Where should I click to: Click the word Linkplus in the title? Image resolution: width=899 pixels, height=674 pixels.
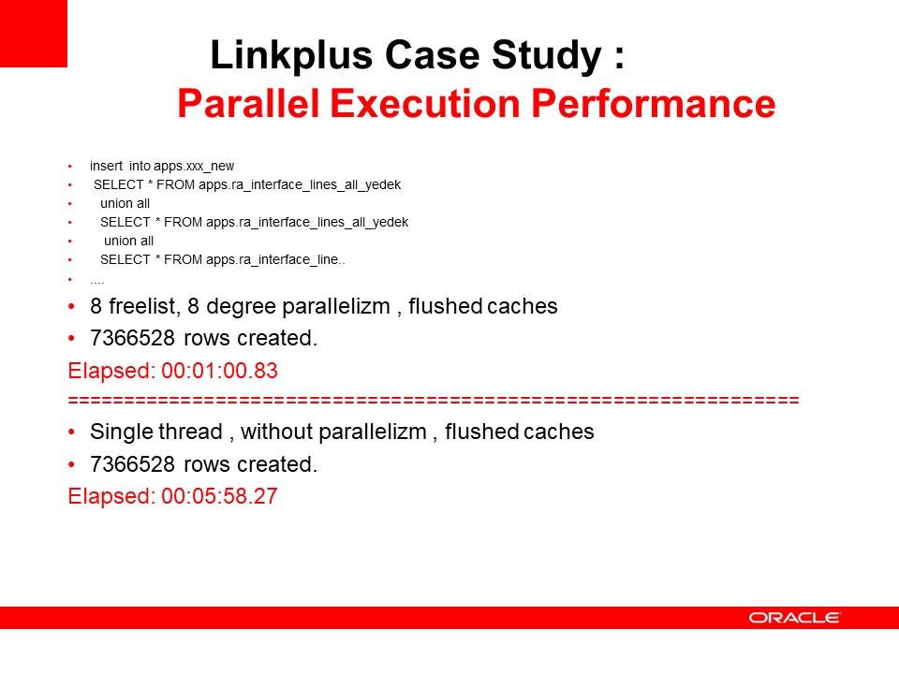pyautogui.click(x=291, y=55)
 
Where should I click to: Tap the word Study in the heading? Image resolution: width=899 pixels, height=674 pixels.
pyautogui.click(x=546, y=56)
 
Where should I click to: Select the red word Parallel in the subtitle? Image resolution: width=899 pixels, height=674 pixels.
pyautogui.click(x=248, y=103)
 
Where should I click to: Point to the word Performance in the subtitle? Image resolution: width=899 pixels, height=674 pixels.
pyautogui.click(x=653, y=103)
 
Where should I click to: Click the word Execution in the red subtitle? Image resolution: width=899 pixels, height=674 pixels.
pyautogui.click(x=425, y=103)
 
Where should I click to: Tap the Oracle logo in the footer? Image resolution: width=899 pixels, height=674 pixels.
pyautogui.click(x=794, y=618)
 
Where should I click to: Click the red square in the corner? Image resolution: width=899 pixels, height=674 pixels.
pyautogui.click(x=34, y=34)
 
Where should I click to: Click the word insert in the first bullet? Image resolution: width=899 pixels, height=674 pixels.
pyautogui.click(x=106, y=166)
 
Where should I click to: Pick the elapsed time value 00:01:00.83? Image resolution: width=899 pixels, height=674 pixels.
pyautogui.click(x=219, y=371)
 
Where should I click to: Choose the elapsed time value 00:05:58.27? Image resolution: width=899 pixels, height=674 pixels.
pyautogui.click(x=219, y=496)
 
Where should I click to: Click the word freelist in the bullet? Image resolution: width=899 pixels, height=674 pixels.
pyautogui.click(x=143, y=307)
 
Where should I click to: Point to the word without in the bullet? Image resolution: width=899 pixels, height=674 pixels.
pyautogui.click(x=277, y=432)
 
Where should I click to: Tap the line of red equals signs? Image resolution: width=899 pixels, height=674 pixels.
pyautogui.click(x=434, y=400)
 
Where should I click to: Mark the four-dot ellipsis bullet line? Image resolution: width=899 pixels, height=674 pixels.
pyautogui.click(x=96, y=282)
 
